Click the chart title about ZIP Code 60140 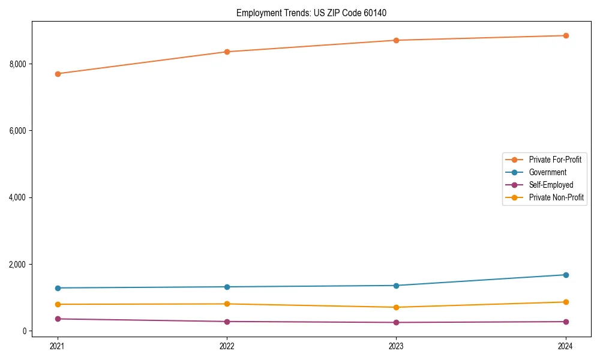pyautogui.click(x=316, y=13)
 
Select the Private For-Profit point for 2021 pyautogui.click(x=58, y=74)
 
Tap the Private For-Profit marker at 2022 pyautogui.click(x=227, y=52)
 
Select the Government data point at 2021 pyautogui.click(x=58, y=288)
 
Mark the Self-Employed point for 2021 pyautogui.click(x=58, y=319)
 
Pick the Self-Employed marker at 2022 pyautogui.click(x=227, y=322)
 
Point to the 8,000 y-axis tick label pyautogui.click(x=17, y=64)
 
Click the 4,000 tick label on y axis pyautogui.click(x=17, y=197)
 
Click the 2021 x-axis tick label pyautogui.click(x=58, y=346)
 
